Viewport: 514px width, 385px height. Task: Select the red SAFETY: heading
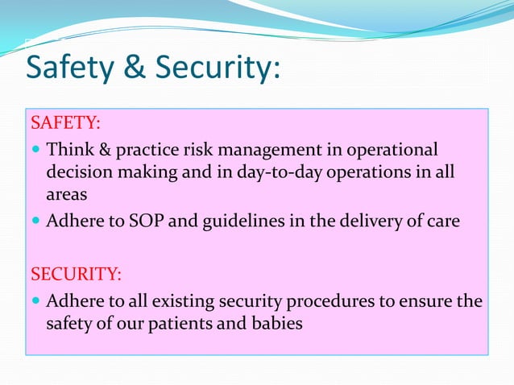[x=65, y=123]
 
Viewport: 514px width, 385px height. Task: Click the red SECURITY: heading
[x=76, y=274]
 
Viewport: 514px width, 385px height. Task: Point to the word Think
[x=68, y=150]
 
